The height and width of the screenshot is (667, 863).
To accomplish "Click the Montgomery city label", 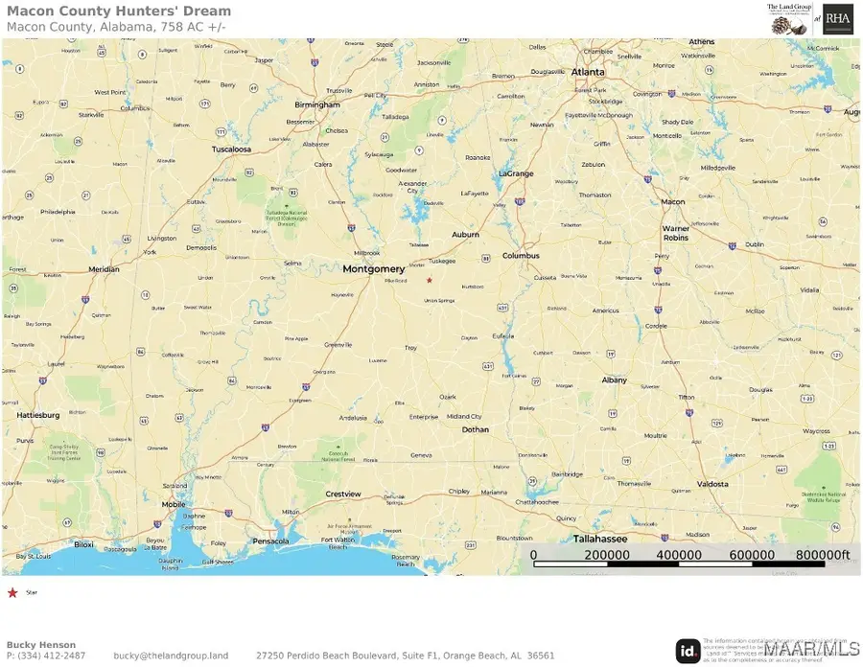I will coord(374,269).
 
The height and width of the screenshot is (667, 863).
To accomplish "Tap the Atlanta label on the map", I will coord(588,72).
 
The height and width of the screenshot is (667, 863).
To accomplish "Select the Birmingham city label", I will coord(317,104).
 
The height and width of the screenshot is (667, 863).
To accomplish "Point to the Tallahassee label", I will coord(599,539).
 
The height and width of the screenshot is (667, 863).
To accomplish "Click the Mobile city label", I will coord(174,504).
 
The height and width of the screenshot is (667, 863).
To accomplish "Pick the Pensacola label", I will coord(270,541).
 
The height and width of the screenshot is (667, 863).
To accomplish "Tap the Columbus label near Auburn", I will coord(521,256).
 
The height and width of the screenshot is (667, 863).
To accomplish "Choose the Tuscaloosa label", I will coord(231,149).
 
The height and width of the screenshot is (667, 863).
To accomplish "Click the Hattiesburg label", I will coord(38,415).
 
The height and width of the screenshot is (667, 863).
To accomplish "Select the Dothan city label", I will coord(475,429).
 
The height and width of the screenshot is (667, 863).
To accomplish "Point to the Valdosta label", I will coord(712,484).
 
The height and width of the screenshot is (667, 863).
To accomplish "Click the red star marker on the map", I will coord(430,280).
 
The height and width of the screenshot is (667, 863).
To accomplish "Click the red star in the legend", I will coord(12,593).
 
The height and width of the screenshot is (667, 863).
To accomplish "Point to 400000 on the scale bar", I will coord(679,555).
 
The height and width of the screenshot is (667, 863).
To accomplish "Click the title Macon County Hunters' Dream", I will coord(119,11).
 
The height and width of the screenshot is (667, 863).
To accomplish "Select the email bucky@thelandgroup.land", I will coord(171,655).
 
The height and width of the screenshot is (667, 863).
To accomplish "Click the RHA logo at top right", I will coord(837,19).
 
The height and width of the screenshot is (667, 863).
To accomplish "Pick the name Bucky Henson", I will coord(41,645).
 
